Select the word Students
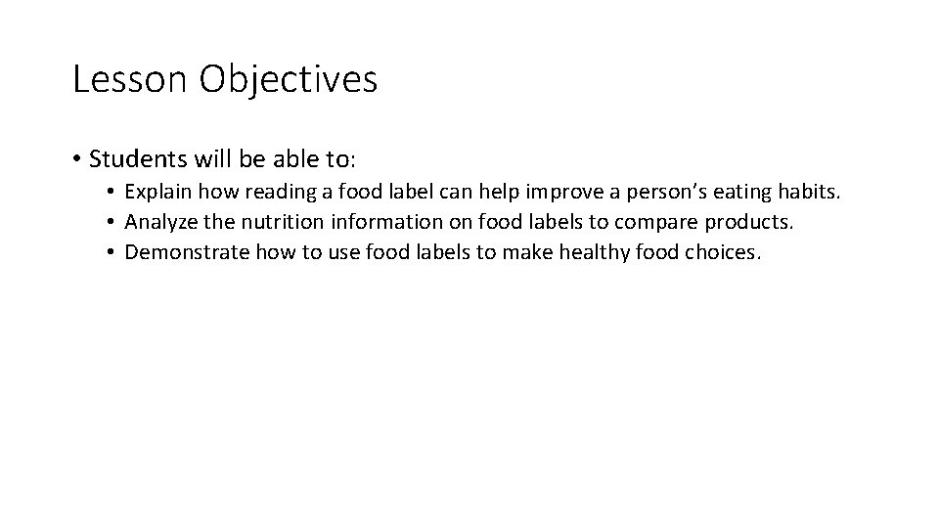tap(134, 158)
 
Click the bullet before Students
tap(76, 158)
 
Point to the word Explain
tap(157, 193)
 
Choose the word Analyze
tap(159, 222)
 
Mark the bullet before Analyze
tap(113, 223)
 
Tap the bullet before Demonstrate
tap(113, 253)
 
